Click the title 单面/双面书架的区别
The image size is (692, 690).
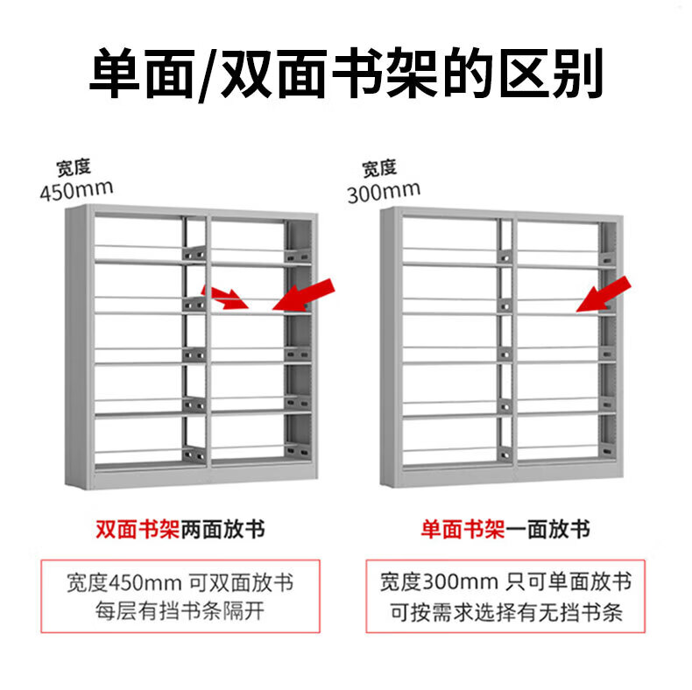coord(346,75)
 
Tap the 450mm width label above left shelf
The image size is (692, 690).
coord(76,189)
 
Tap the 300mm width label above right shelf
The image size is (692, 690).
coord(383,190)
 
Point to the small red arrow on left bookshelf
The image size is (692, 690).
coord(223,297)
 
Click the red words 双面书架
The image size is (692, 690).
coord(138,530)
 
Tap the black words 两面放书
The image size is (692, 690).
coord(222,530)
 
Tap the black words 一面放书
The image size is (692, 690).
coord(547,530)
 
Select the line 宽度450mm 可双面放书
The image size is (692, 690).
coord(180,582)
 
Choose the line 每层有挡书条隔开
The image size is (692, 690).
coord(180,611)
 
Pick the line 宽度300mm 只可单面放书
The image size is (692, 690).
coord(505,582)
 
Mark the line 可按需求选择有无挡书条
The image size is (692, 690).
coord(505,611)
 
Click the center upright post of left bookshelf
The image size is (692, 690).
coord(208,350)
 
